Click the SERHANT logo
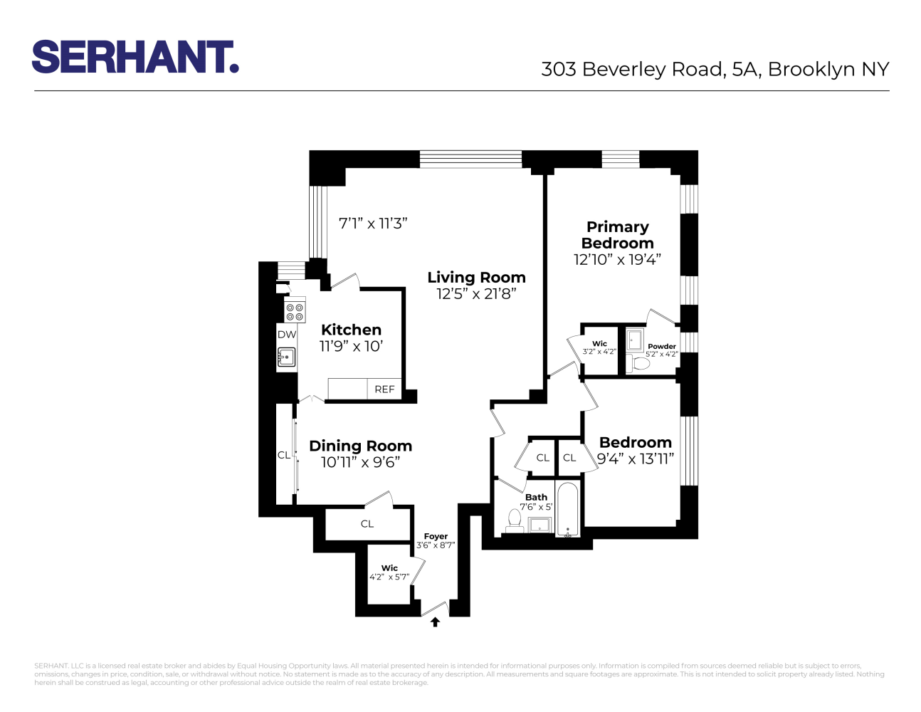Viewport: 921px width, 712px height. [135, 57]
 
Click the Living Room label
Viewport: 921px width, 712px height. [476, 278]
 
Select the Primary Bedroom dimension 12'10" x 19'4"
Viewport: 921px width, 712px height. [617, 260]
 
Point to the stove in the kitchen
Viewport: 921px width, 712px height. [295, 311]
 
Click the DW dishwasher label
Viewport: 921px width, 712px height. [287, 335]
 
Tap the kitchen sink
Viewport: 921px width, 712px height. [286, 357]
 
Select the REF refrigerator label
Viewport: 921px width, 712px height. [384, 389]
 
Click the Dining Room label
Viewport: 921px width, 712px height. [360, 446]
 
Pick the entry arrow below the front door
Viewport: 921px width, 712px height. [435, 622]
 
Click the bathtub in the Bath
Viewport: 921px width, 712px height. [567, 510]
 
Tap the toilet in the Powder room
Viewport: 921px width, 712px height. [641, 364]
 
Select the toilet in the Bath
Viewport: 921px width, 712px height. [515, 519]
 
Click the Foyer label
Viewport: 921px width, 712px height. [436, 536]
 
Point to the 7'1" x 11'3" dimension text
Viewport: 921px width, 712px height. [373, 223]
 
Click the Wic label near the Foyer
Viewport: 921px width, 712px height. [389, 568]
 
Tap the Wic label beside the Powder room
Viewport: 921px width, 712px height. [599, 343]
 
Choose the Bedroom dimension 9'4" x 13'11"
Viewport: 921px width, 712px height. [635, 459]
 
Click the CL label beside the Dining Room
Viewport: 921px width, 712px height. [283, 455]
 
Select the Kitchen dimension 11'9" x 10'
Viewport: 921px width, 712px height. [351, 347]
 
